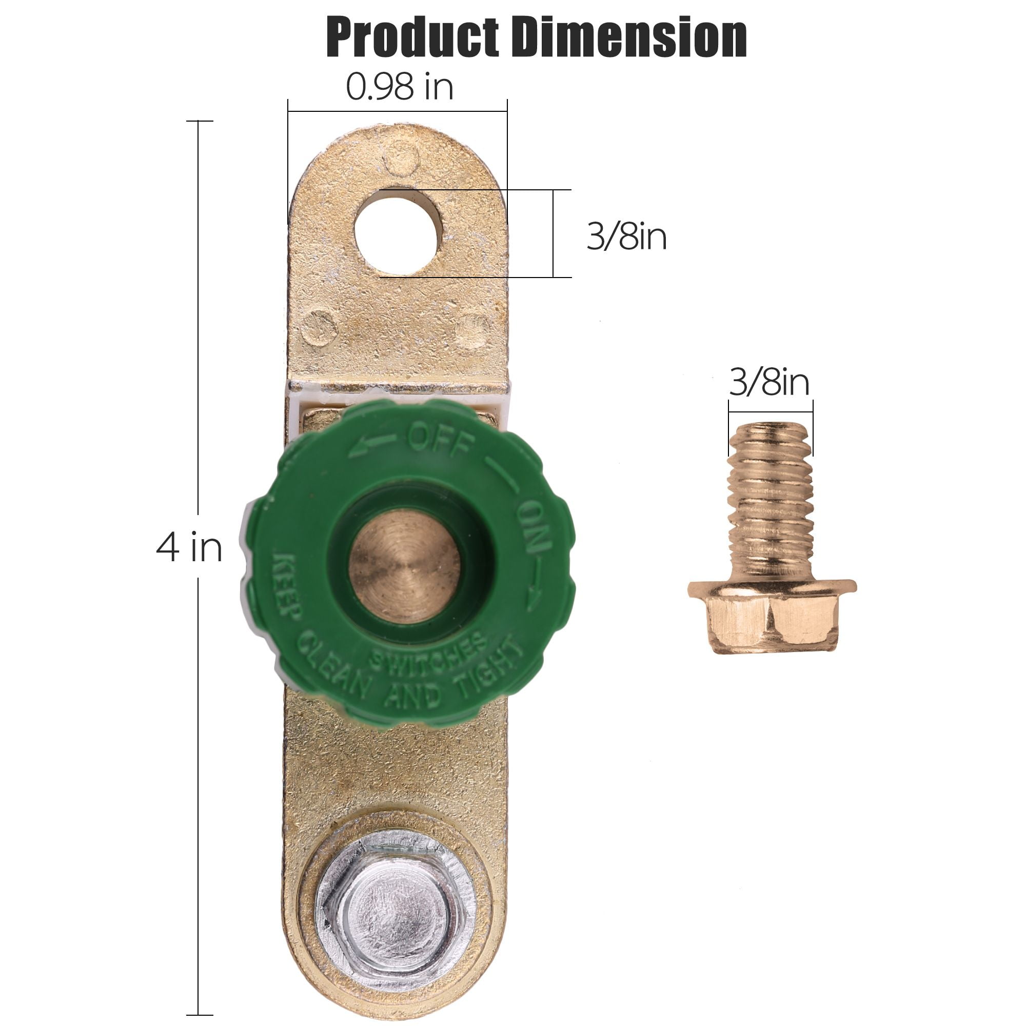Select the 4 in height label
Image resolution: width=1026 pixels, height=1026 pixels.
(189, 547)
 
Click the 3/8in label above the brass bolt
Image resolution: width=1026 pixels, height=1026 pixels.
(769, 382)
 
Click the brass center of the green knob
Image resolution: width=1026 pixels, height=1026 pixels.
(404, 565)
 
